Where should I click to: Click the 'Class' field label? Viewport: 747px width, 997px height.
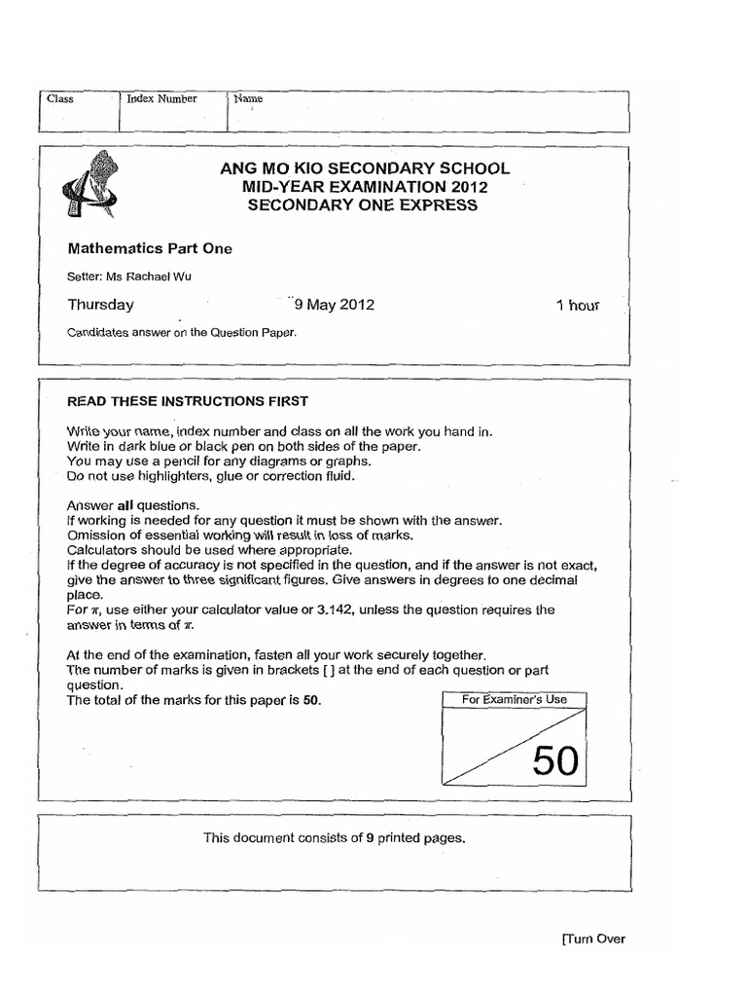coord(60,99)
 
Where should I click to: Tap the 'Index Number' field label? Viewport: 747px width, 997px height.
coord(161,98)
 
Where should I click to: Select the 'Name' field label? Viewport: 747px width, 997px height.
coord(247,98)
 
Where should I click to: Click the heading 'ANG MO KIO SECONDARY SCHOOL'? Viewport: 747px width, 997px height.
coord(365,168)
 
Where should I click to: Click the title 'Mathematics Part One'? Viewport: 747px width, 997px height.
coord(149,248)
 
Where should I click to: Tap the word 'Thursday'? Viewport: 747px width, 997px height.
coord(100,305)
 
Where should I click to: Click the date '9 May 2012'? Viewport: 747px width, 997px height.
coord(334,305)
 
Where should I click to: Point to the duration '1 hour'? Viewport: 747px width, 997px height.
coord(577,305)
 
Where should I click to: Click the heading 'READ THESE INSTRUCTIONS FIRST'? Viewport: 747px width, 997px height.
coord(187,400)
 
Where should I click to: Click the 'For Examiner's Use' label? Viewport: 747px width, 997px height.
coord(516,699)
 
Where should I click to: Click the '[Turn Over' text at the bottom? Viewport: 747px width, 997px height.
coord(592,939)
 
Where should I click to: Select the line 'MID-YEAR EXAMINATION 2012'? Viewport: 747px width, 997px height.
coord(365,186)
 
